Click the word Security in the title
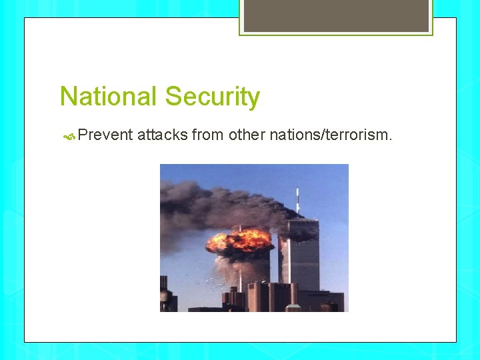[212, 97]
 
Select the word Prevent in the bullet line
[105, 136]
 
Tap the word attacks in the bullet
[162, 136]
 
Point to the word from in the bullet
[207, 136]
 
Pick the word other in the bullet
[246, 136]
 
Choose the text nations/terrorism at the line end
[329, 136]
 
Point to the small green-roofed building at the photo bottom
[293, 308]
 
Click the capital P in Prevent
[83, 136]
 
